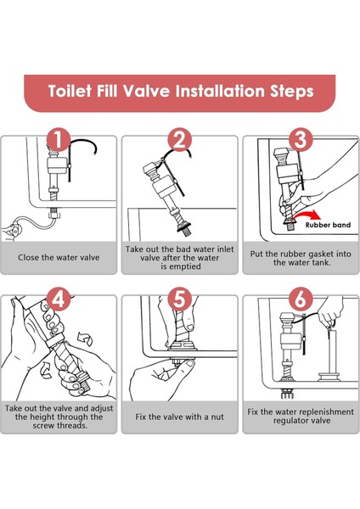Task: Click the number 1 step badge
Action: click(59, 140)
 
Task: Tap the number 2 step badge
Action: click(180, 140)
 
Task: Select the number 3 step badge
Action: click(301, 140)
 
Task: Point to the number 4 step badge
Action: click(59, 299)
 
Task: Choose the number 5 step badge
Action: click(180, 299)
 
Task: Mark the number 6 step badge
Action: click(301, 299)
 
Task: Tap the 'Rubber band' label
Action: click(328, 225)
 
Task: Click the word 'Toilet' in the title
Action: click(70, 91)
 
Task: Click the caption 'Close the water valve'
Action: click(59, 258)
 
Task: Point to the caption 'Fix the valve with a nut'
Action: click(180, 417)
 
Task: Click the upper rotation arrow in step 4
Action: click(85, 338)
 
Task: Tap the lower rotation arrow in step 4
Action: click(46, 371)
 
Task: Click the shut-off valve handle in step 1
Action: click(14, 229)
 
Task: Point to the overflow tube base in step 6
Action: click(329, 377)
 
